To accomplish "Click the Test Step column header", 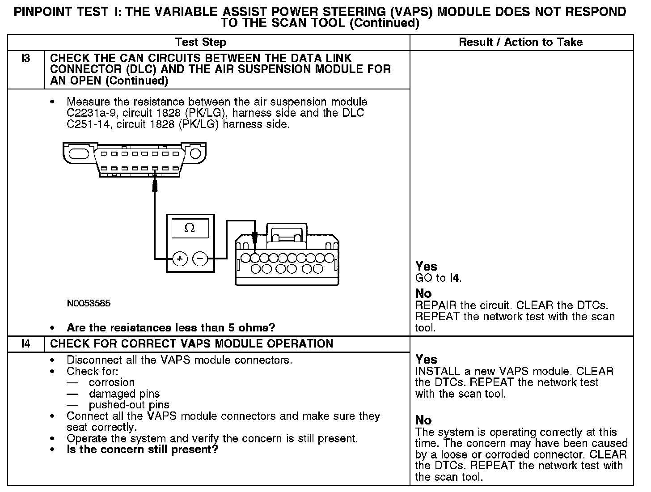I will click(x=201, y=42).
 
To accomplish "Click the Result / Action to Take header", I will click(x=521, y=42).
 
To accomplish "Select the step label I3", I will click(x=26, y=58).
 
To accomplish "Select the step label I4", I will click(x=26, y=344).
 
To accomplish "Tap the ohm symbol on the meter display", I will click(x=190, y=228).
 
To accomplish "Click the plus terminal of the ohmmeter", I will click(x=180, y=259).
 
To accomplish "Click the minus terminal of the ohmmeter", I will click(x=200, y=259).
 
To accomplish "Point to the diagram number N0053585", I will click(x=89, y=303).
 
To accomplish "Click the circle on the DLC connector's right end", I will click(x=195, y=154).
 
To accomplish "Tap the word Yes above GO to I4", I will click(x=426, y=267).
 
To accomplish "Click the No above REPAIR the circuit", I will click(x=423, y=294).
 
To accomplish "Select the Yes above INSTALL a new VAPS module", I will click(x=426, y=360).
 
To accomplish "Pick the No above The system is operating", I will click(x=423, y=420).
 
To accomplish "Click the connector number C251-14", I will click(x=88, y=124).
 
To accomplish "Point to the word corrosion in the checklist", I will click(x=112, y=383).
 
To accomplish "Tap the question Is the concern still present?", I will click(x=142, y=450).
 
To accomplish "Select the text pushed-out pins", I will click(x=129, y=405).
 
